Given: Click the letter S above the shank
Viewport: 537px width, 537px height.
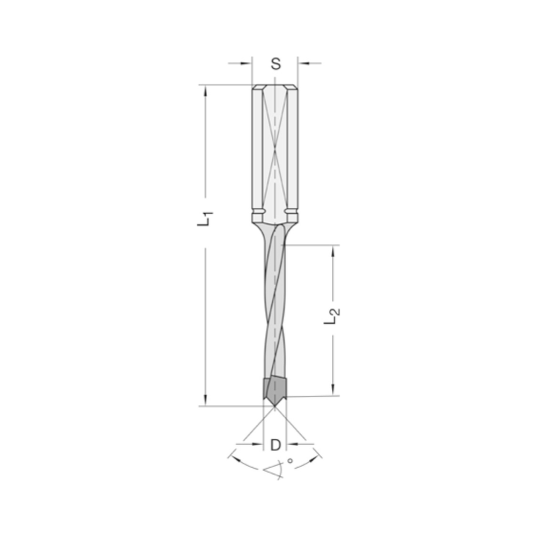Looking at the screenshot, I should coord(275,64).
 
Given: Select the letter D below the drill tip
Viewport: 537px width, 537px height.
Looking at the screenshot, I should coord(275,445).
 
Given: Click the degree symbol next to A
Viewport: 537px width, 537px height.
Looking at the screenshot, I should coord(291,460).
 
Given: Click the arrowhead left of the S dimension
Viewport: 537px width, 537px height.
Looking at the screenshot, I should coord(248,63).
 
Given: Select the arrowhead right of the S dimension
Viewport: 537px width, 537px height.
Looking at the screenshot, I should coord(303,63).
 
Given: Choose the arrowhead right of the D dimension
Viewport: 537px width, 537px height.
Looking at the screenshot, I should coord(291,443).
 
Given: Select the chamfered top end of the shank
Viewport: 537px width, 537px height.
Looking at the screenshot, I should coord(274,87).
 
